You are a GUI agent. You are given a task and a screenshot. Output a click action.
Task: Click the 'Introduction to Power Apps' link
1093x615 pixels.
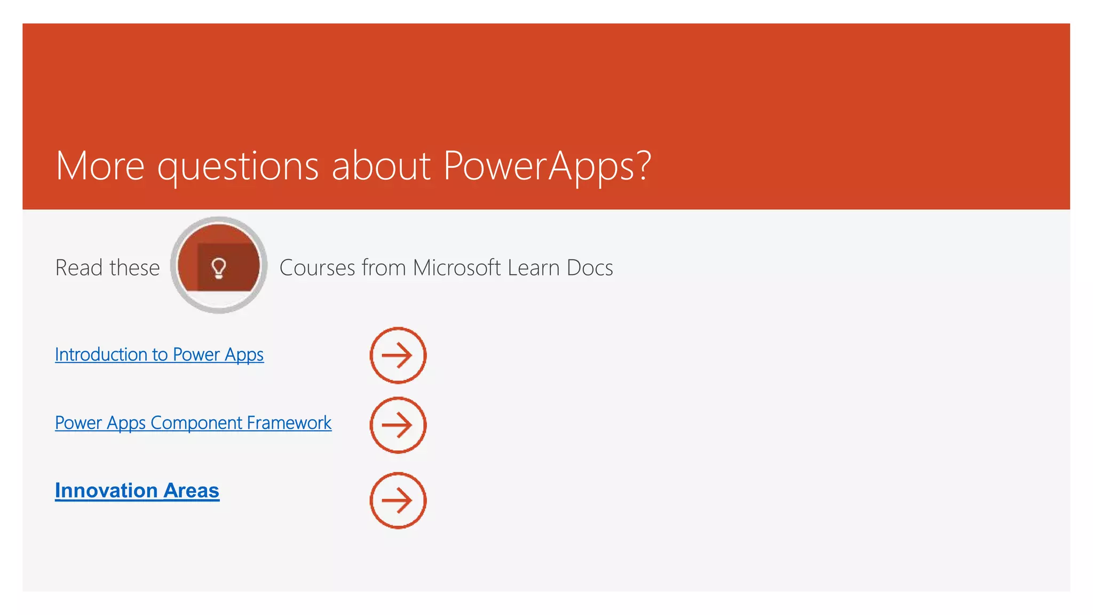tap(159, 354)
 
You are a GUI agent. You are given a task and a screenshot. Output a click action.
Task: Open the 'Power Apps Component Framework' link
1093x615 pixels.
tap(193, 423)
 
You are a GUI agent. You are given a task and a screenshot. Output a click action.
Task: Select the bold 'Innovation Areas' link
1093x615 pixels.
tap(137, 491)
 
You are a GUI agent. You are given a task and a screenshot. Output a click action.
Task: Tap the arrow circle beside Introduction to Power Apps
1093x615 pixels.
tap(398, 355)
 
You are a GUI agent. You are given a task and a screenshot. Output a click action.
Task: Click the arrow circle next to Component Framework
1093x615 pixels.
tap(398, 425)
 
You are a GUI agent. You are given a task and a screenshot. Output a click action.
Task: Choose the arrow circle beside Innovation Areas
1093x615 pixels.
tap(398, 500)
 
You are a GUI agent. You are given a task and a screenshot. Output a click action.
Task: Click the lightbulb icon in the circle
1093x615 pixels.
tap(219, 267)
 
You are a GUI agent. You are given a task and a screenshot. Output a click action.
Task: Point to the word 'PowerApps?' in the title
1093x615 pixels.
tap(547, 165)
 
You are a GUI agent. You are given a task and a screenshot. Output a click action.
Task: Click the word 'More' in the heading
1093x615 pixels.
tap(100, 165)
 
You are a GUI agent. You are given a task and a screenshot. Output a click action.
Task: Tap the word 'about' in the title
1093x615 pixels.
tap(381, 165)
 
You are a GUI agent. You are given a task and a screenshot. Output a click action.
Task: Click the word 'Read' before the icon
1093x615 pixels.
tap(79, 267)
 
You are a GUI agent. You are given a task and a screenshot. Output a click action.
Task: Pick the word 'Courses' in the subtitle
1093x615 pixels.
tap(317, 267)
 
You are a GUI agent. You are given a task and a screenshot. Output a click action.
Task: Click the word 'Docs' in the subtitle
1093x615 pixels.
tap(590, 267)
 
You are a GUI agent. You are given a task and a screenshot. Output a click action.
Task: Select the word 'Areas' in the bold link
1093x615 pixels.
tap(191, 491)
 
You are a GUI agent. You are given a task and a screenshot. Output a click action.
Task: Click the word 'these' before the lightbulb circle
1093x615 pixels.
tap(134, 267)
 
